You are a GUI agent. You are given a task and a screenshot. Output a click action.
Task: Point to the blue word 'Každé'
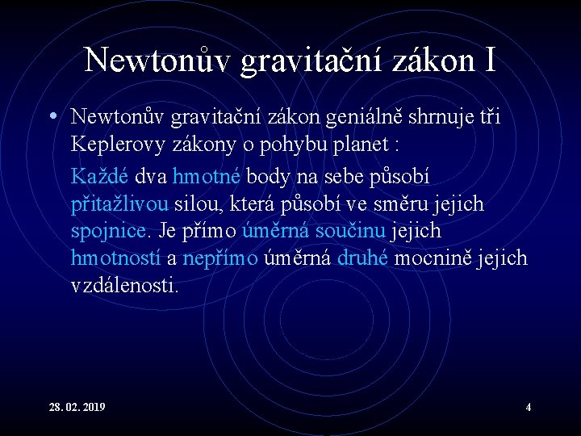point(101,174)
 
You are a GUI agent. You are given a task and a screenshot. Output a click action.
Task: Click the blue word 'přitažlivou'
point(119,203)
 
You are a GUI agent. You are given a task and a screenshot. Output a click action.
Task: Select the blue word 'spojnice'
point(110,231)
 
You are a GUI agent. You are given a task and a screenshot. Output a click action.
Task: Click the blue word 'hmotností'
point(116,258)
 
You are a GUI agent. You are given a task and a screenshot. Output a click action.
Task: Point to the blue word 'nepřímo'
point(220,258)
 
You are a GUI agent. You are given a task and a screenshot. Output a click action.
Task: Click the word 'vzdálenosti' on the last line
point(125,286)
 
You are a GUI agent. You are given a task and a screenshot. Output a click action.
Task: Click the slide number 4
point(528,406)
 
